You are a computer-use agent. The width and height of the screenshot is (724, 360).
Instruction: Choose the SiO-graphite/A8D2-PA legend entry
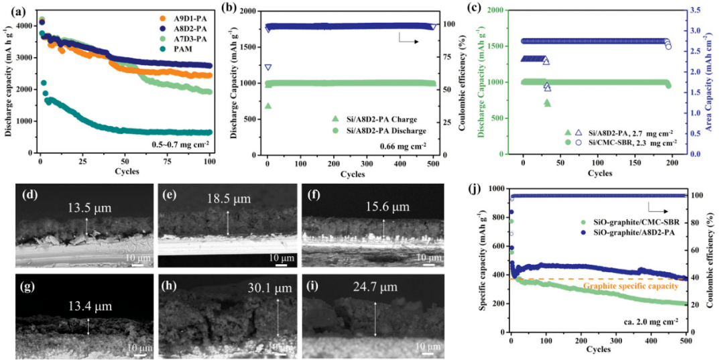point(633,230)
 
